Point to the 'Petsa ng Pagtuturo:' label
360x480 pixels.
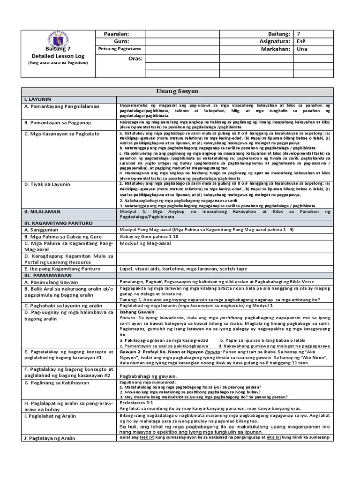120,49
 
